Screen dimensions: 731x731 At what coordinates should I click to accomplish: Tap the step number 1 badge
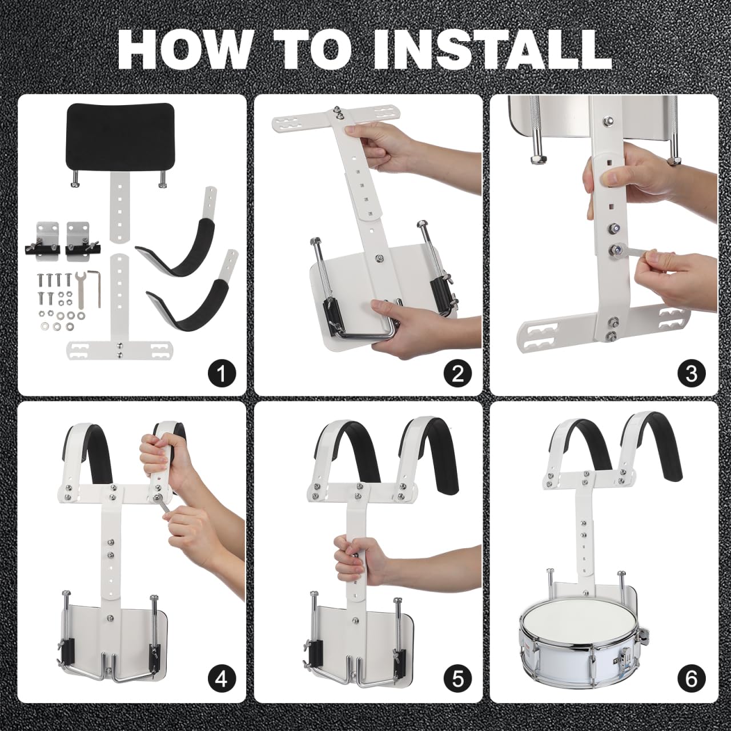pos(222,373)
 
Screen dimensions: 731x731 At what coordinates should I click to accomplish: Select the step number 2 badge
pos(457,373)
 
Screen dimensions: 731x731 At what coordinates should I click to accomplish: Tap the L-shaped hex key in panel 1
pos(95,287)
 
